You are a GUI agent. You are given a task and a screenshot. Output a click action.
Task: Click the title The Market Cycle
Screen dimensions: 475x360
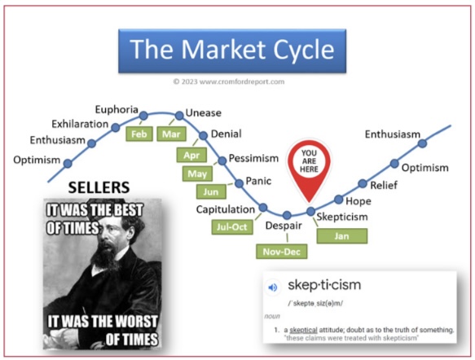click(232, 50)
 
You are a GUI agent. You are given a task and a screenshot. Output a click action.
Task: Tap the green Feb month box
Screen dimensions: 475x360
click(139, 134)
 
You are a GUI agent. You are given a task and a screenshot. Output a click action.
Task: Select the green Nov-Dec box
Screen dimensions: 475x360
click(282, 252)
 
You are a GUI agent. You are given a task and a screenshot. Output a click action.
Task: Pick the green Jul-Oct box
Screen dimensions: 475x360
click(232, 226)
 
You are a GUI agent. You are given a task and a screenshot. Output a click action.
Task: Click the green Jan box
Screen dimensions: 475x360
click(342, 236)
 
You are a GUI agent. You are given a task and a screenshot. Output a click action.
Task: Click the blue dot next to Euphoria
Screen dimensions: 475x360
click(143, 116)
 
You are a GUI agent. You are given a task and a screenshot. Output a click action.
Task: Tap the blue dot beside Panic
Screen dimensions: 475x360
click(240, 183)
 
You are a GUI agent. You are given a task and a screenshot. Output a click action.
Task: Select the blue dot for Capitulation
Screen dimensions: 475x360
click(263, 208)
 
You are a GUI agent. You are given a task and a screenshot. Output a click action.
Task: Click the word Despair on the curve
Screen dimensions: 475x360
click(284, 226)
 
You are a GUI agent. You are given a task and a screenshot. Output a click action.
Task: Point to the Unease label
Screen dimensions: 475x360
click(203, 113)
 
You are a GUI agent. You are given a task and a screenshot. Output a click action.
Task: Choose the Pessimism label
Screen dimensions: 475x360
click(253, 158)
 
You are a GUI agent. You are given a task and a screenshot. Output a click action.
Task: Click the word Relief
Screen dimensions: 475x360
click(384, 185)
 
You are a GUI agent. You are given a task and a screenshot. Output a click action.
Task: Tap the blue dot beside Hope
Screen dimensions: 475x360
click(338, 200)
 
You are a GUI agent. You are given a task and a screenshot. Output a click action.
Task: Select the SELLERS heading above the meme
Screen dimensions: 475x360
click(99, 187)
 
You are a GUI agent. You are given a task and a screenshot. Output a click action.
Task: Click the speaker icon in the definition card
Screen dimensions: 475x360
click(273, 287)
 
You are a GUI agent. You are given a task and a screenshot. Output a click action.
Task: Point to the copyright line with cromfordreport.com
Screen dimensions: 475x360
click(229, 81)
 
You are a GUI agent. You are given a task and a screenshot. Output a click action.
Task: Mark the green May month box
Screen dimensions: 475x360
click(197, 173)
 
